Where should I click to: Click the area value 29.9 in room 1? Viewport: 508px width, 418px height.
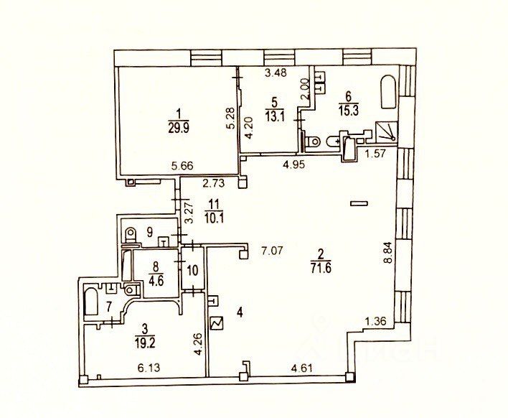pyautogui.click(x=177, y=128)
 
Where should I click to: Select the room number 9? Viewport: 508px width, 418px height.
pyautogui.click(x=150, y=231)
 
